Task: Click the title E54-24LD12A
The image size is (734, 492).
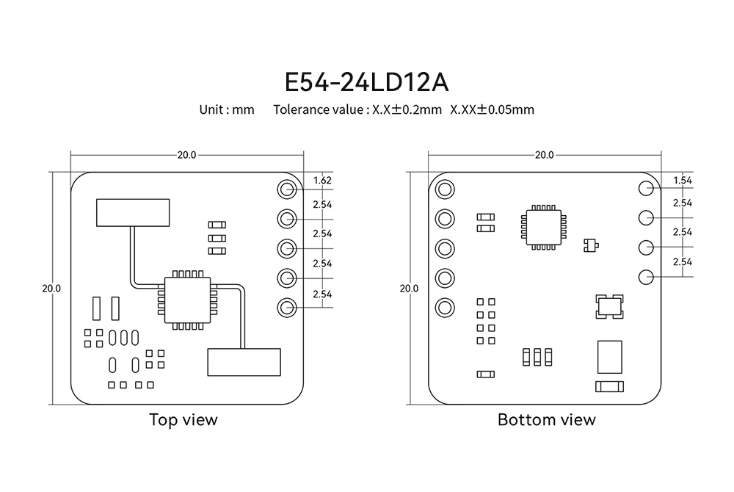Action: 366,81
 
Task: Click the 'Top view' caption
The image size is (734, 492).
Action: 183,420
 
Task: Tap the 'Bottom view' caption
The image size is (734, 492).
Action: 546,420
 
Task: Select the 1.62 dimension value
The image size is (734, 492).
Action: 322,180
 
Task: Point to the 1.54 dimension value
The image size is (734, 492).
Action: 682,180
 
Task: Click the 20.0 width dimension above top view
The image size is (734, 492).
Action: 186,155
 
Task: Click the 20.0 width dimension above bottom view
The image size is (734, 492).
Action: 544,155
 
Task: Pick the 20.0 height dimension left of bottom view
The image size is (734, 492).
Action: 408,288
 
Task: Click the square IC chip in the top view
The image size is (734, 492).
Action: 187,300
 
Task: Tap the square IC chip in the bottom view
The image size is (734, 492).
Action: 543,227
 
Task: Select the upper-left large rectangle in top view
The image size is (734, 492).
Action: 132,212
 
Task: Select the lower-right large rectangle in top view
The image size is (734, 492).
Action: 244,363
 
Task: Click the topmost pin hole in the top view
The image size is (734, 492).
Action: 286,189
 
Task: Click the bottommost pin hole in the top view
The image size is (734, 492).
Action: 286,308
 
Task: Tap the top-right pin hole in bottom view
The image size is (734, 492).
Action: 646,188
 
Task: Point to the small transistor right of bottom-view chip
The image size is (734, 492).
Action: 589,245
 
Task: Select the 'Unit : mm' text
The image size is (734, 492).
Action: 227,110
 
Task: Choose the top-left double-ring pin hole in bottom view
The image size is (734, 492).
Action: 444,189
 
